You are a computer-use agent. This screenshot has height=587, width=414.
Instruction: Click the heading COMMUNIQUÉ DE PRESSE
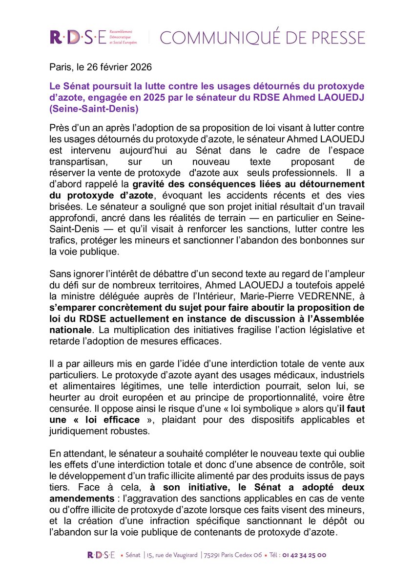click(x=263, y=38)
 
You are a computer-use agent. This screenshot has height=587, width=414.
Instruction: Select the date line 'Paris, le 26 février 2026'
click(x=101, y=67)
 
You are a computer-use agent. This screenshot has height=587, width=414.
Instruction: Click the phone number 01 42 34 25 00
click(x=304, y=555)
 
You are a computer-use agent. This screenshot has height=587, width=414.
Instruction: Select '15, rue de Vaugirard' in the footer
click(x=173, y=555)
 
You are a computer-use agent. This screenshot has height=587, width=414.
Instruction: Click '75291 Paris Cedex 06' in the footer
click(x=234, y=555)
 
